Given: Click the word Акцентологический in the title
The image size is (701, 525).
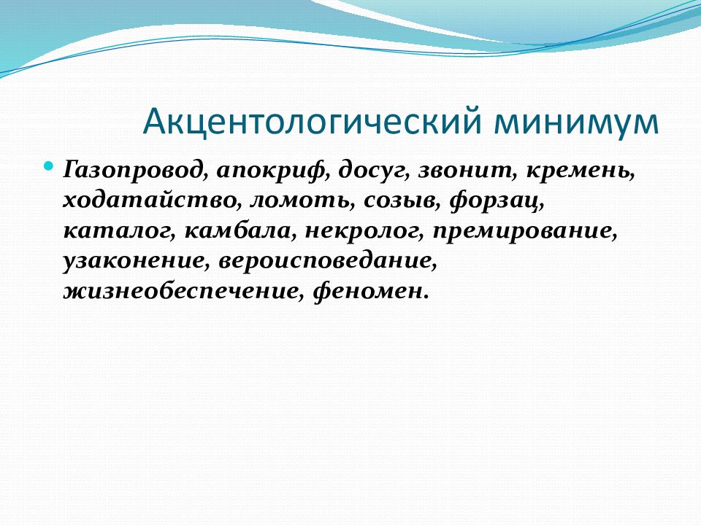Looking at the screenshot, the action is pyautogui.click(x=312, y=121).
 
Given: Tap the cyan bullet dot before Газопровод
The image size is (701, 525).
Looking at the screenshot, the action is pyautogui.click(x=50, y=166).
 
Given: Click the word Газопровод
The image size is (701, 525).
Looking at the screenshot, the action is pyautogui.click(x=136, y=171).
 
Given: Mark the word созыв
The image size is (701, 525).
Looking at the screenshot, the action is pyautogui.click(x=402, y=202).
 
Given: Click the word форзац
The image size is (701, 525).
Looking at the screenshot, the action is pyautogui.click(x=497, y=202).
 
